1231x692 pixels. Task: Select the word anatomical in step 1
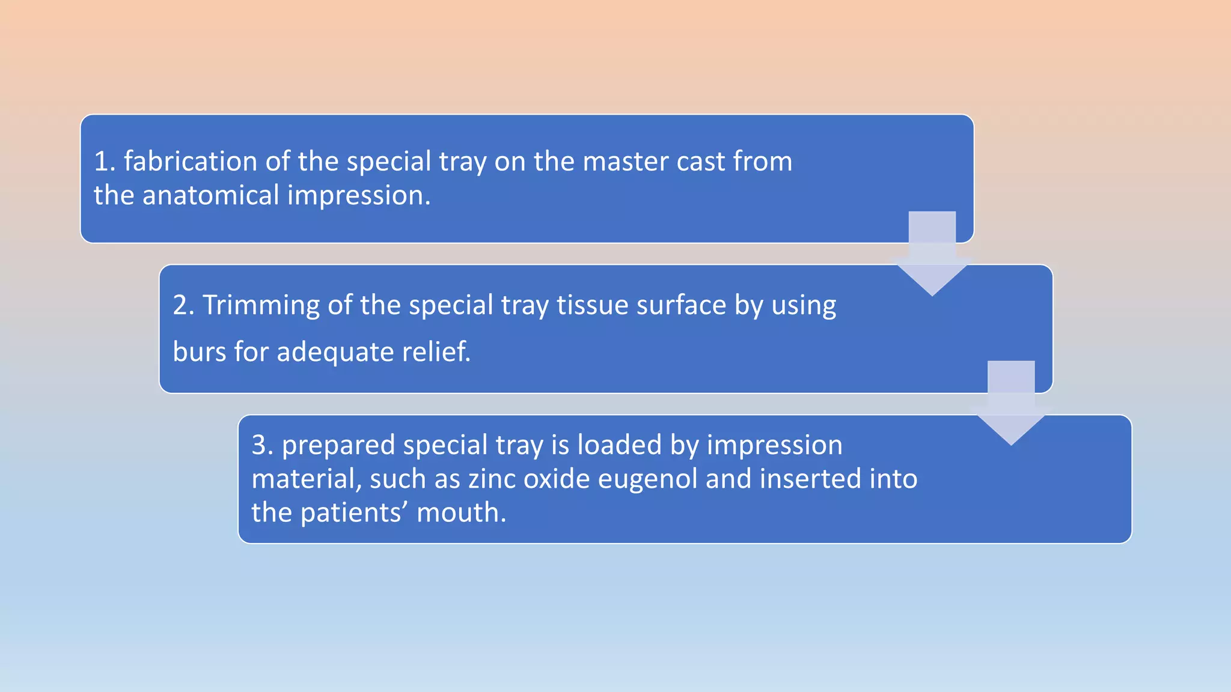coord(211,196)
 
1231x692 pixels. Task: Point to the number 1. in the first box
coord(105,162)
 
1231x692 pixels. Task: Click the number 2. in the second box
coord(183,305)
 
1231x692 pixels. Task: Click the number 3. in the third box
coord(262,446)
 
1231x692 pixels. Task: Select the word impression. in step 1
coord(359,196)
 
